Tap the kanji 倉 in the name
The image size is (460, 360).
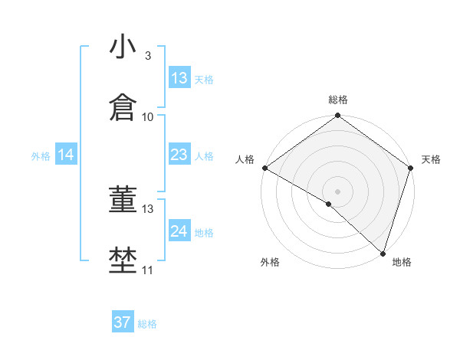tap(123, 108)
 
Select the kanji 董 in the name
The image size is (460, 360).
tap(123, 200)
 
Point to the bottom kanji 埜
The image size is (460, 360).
tap(123, 260)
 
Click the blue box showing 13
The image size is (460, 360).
tap(179, 78)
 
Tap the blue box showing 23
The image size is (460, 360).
tap(179, 155)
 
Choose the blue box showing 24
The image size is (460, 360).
tap(179, 231)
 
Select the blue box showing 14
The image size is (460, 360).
tap(66, 155)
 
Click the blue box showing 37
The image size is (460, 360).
tap(123, 322)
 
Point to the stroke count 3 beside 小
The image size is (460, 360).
tap(147, 56)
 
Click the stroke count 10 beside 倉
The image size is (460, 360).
tap(148, 117)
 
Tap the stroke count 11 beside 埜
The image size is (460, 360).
tap(148, 270)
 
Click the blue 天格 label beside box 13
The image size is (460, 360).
tap(204, 79)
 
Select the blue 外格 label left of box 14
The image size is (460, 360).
tap(41, 155)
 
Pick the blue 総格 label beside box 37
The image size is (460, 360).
tap(147, 324)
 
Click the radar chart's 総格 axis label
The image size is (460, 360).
tap(337, 100)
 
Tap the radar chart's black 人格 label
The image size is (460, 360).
tap(245, 159)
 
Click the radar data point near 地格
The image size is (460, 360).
tap(383, 254)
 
